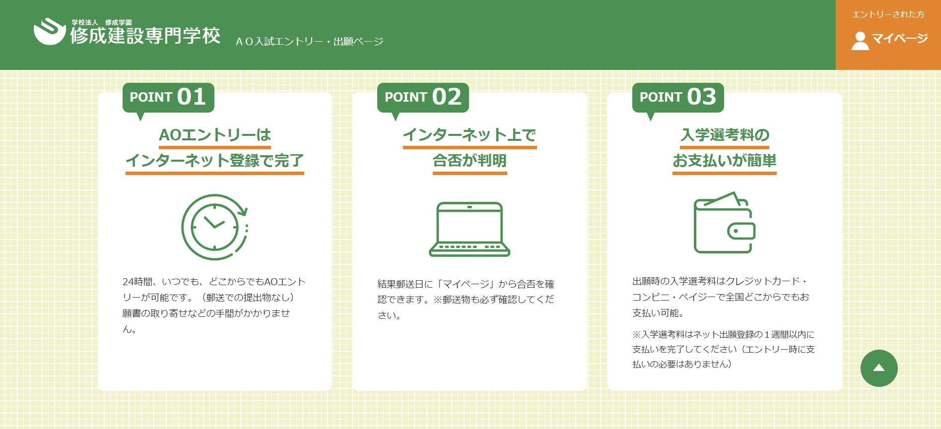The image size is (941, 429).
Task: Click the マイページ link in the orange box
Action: click(900, 39)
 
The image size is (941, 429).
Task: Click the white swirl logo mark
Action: click(50, 31)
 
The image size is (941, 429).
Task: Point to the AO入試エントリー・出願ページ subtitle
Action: click(309, 42)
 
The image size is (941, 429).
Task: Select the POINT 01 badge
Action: click(168, 97)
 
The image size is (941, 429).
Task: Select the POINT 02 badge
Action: click(423, 97)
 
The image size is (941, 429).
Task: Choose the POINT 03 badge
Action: click(678, 97)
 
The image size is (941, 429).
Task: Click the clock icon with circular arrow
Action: click(215, 227)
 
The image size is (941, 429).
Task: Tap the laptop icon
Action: click(470, 229)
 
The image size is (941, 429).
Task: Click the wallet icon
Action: click(725, 222)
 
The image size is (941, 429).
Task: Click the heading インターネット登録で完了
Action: click(215, 161)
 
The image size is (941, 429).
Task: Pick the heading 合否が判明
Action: click(470, 161)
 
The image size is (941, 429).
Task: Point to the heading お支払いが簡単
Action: click(725, 161)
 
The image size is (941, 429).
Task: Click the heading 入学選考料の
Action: click(725, 135)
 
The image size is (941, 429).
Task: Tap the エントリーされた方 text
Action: click(888, 15)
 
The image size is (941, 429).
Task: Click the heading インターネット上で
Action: click(470, 135)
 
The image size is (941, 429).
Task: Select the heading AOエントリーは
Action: click(215, 135)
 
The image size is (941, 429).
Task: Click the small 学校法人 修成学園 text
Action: click(102, 22)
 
